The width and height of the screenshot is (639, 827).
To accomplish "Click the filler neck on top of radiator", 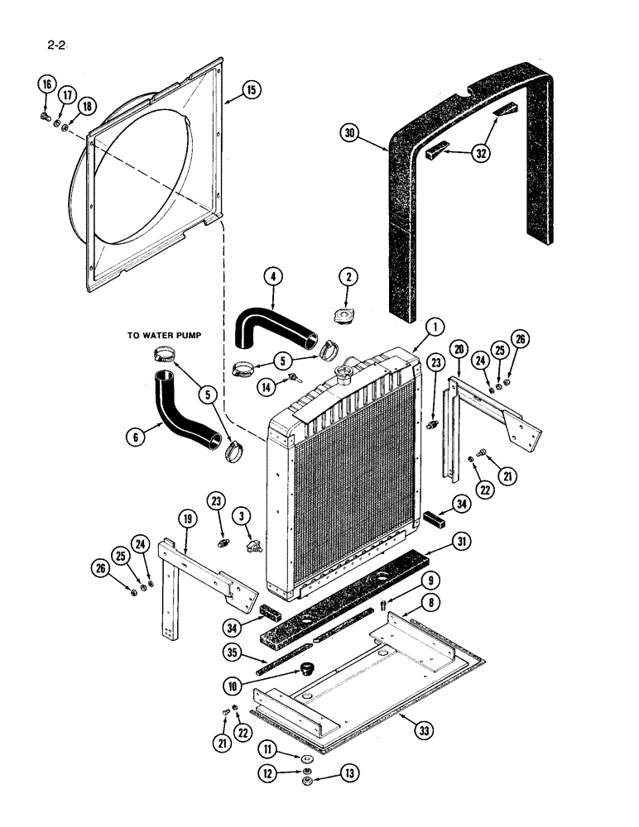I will [342, 375].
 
